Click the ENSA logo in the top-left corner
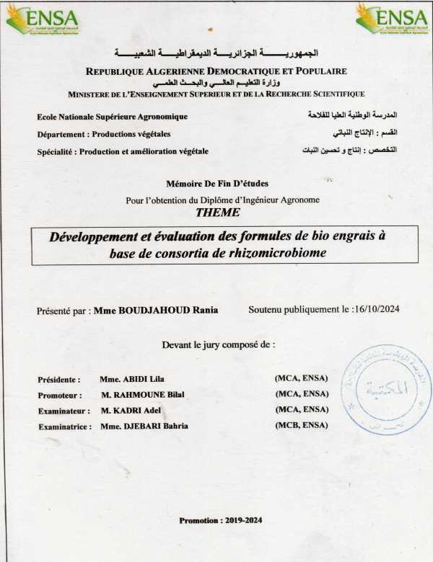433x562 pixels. tap(42, 19)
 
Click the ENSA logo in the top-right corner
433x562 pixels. tap(392, 19)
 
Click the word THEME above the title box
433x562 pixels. tap(216, 213)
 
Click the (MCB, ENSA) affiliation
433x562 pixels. tap(302, 425)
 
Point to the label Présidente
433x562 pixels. tap(58, 379)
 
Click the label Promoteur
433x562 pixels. tap(59, 395)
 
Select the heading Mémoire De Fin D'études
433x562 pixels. tap(216, 184)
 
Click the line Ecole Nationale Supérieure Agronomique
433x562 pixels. tap(112, 117)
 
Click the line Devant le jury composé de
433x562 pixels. tap(218, 344)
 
